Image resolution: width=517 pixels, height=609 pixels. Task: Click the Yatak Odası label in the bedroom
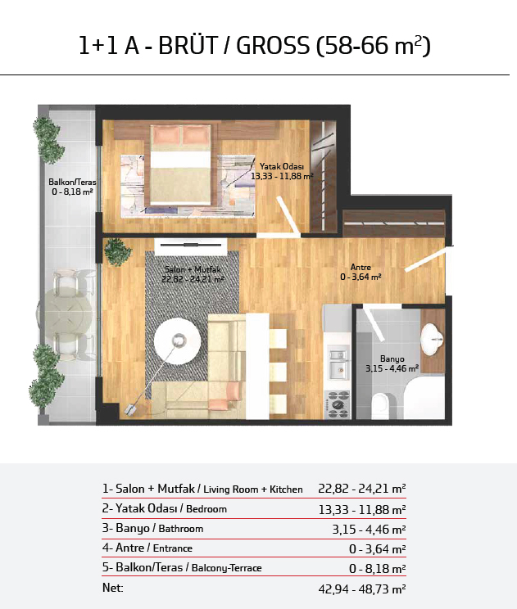point(281,167)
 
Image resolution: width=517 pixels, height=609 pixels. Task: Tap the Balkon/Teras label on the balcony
point(72,182)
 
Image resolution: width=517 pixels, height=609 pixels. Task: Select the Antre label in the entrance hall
point(361,267)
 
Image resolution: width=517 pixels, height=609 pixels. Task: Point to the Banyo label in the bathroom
point(392,359)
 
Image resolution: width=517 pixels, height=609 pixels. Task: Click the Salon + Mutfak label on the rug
point(193,269)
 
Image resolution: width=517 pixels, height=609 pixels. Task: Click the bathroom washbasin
point(432,338)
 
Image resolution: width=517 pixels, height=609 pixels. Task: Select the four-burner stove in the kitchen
point(338,404)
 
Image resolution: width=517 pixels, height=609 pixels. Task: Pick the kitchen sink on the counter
point(338,363)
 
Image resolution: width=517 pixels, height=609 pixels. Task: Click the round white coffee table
point(177,341)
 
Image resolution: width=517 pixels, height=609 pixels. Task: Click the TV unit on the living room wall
point(190,246)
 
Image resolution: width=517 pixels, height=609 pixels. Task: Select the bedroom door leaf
point(288,216)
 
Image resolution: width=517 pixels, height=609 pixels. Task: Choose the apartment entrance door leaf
point(425,259)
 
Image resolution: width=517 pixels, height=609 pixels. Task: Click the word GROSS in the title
point(273,46)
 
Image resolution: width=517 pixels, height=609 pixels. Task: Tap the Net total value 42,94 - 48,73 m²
point(362,589)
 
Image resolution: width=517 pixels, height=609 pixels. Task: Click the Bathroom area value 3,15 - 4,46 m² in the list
point(369,529)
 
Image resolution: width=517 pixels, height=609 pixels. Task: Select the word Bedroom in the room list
point(206,509)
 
